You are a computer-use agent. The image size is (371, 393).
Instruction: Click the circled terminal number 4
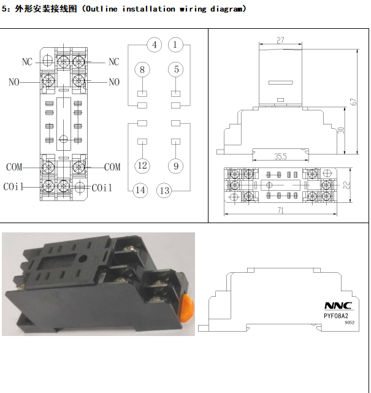click(x=155, y=45)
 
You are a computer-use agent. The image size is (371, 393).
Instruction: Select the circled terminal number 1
click(x=176, y=45)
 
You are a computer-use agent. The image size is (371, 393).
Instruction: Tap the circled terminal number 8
click(x=142, y=69)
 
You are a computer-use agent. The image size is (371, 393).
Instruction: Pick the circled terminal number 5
click(x=176, y=69)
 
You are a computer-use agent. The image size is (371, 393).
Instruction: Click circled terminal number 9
click(x=176, y=166)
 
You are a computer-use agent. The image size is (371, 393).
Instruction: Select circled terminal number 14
click(x=141, y=190)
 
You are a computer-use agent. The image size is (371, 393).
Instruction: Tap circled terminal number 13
click(x=164, y=190)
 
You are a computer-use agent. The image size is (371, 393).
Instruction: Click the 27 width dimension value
click(x=280, y=40)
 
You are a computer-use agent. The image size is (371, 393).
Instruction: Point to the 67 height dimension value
click(x=353, y=102)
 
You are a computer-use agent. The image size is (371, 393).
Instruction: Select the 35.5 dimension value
click(x=281, y=157)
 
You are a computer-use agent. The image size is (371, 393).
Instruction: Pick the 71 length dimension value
click(x=280, y=210)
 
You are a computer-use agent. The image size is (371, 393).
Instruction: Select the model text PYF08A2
click(x=336, y=316)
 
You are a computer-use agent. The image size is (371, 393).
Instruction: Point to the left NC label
click(x=27, y=62)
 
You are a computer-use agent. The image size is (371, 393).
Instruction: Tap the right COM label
click(x=112, y=167)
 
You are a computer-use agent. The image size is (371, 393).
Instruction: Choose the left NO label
click(x=14, y=82)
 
